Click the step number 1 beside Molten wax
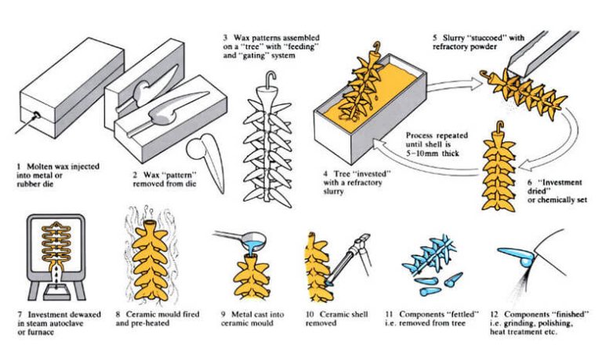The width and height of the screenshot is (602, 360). coord(19,166)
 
